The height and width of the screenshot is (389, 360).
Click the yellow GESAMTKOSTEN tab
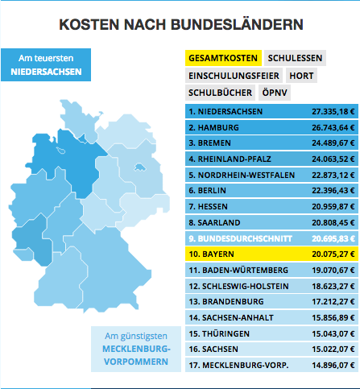(223, 58)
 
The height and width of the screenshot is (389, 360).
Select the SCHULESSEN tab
(295, 58)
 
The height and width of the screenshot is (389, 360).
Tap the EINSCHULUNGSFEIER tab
(234, 76)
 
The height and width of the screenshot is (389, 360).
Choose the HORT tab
(301, 76)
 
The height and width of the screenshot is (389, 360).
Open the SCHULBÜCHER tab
(220, 93)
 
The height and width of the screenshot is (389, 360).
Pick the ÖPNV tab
(275, 93)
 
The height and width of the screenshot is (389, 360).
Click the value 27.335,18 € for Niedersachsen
(333, 111)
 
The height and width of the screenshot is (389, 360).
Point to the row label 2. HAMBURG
(213, 127)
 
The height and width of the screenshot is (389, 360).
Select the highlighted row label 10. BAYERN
(211, 254)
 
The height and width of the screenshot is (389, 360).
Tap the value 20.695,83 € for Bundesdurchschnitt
(333, 238)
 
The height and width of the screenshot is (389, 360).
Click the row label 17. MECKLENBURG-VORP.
(238, 365)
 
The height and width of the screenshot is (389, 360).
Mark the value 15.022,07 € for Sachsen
(333, 350)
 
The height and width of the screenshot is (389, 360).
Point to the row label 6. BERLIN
(207, 190)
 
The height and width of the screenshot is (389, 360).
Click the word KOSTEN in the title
(89, 24)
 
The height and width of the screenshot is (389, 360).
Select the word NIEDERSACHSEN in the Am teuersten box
(46, 72)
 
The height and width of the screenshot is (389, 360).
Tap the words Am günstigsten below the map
(136, 336)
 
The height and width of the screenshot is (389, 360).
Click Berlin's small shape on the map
(140, 168)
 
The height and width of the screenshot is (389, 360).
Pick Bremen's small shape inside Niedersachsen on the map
(61, 151)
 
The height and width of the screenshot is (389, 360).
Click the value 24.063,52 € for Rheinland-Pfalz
(333, 159)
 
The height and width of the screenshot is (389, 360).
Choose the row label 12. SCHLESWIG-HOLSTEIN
(238, 286)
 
